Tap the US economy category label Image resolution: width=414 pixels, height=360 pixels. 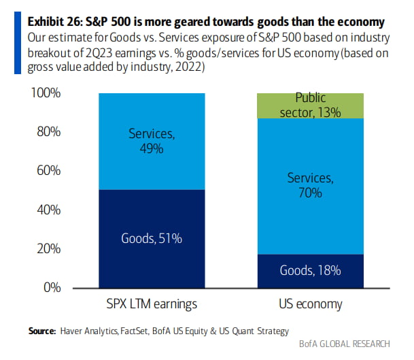(310, 304)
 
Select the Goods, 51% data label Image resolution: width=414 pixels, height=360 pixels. (151, 238)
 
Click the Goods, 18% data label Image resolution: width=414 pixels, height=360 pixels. (310, 270)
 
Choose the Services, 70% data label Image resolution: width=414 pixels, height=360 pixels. (310, 185)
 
